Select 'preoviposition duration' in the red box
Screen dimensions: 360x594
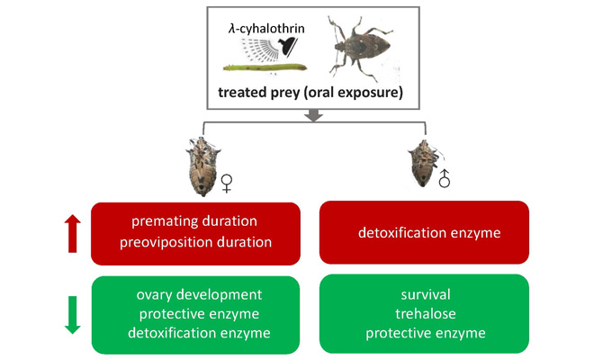click(x=194, y=241)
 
